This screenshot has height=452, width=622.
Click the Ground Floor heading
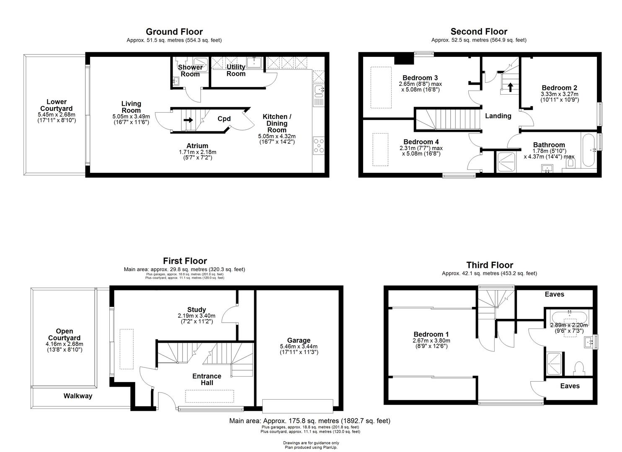click(x=174, y=32)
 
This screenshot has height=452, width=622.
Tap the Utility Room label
click(x=236, y=70)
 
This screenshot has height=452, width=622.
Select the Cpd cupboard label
click(x=224, y=119)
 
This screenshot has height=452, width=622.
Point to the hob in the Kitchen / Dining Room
click(x=318, y=146)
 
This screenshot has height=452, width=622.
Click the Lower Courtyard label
click(x=56, y=105)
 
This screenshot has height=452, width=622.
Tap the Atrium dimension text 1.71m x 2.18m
click(x=197, y=152)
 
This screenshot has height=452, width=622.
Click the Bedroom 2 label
click(x=559, y=88)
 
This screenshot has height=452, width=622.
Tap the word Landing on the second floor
click(x=498, y=116)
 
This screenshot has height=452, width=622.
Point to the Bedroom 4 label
click(x=421, y=142)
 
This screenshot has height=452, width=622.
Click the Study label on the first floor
click(x=196, y=310)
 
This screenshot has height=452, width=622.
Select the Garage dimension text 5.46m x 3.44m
click(x=299, y=347)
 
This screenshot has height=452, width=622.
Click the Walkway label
click(x=78, y=396)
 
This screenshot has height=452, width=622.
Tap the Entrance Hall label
click(x=206, y=380)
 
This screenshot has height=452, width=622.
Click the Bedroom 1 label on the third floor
click(x=431, y=334)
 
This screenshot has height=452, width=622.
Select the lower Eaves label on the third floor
click(x=570, y=386)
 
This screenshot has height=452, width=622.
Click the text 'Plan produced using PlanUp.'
click(x=311, y=447)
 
